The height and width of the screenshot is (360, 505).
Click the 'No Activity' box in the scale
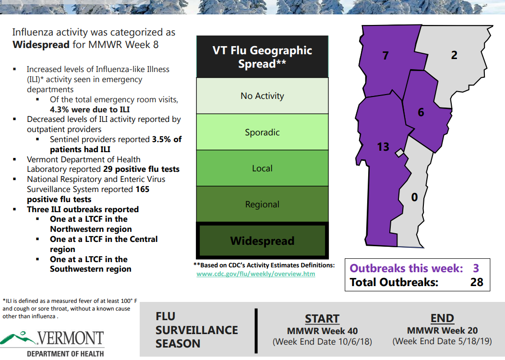point(262,96)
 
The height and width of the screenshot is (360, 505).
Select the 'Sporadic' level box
point(262,132)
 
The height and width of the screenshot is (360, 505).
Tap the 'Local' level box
point(262,168)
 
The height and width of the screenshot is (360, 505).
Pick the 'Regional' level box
point(262,204)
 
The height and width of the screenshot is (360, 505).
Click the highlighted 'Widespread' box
point(262,240)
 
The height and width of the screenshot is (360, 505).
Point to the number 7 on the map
point(385,56)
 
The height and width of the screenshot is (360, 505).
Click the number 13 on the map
point(383,147)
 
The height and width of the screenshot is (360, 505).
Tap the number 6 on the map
point(421,112)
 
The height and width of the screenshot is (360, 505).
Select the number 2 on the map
point(454,55)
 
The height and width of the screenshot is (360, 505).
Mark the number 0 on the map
point(414,197)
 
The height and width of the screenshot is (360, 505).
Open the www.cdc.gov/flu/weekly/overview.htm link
point(256,274)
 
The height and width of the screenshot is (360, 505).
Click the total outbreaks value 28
point(477,282)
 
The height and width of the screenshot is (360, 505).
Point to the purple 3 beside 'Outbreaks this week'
point(476,268)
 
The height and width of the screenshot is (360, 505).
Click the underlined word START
point(322,319)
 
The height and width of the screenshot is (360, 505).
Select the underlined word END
point(442,318)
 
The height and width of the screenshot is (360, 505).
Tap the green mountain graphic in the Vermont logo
point(18,338)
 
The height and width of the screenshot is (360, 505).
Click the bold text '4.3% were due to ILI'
point(90,109)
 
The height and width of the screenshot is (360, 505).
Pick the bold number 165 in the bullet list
point(143,189)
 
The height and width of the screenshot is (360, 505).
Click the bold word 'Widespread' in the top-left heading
point(41,45)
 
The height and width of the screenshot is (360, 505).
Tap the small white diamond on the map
point(399,153)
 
